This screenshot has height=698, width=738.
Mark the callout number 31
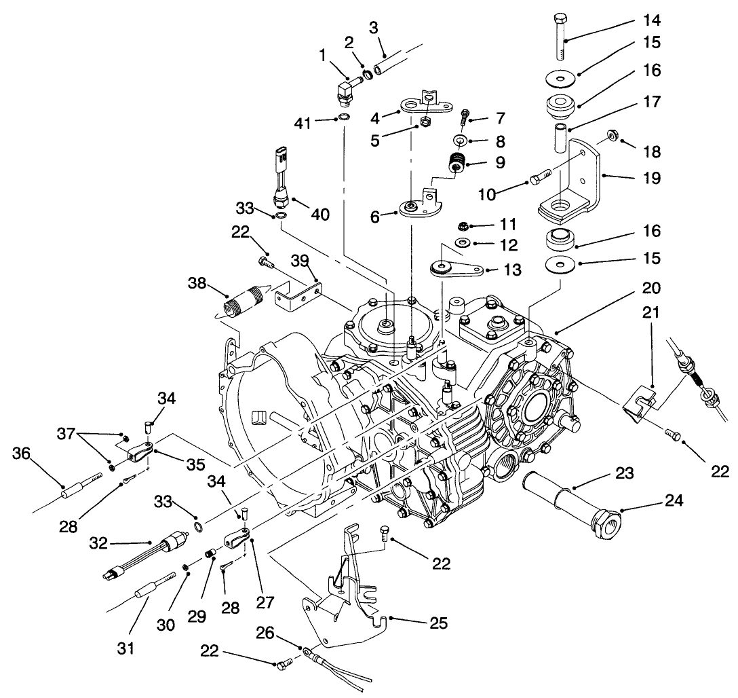pyautogui.click(x=125, y=648)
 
